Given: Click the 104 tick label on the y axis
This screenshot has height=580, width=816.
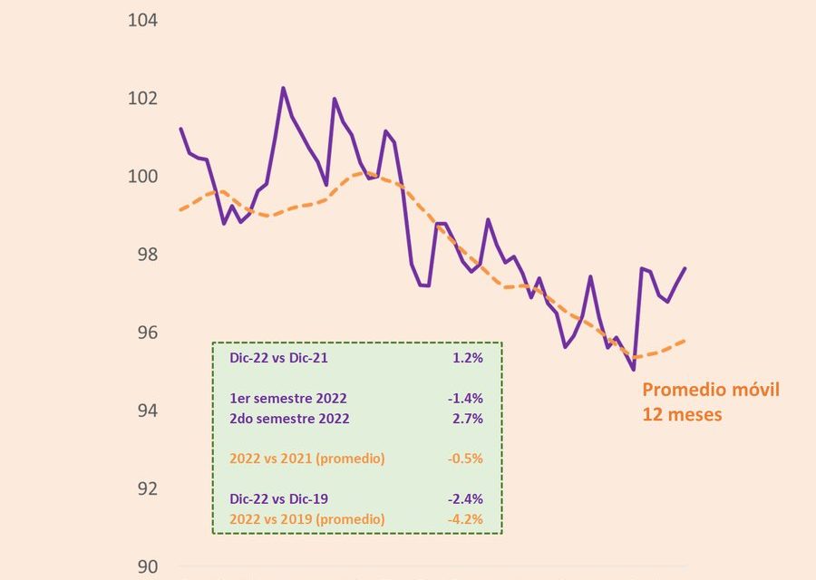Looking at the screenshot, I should click(x=141, y=20).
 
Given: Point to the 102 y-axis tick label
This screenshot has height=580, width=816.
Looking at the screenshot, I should click(x=141, y=98).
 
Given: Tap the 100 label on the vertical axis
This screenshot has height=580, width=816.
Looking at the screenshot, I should click(x=141, y=176).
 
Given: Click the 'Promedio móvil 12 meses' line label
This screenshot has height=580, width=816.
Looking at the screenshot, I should click(x=711, y=401).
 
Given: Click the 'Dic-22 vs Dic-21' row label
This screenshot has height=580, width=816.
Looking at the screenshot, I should click(x=279, y=358).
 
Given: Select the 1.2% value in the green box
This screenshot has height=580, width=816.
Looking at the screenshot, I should click(x=468, y=358).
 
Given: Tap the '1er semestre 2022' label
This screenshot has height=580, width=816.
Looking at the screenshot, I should click(x=288, y=399).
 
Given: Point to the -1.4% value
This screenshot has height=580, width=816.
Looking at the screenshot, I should click(x=465, y=399).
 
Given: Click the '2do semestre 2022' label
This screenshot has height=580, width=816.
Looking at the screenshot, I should click(x=289, y=419).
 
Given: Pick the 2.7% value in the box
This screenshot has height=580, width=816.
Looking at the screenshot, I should click(x=468, y=419).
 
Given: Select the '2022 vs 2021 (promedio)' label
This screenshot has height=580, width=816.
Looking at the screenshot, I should click(x=307, y=459).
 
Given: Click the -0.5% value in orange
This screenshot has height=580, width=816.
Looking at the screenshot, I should click(x=465, y=459).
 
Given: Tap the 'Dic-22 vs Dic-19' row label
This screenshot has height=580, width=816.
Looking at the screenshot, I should click(x=279, y=499).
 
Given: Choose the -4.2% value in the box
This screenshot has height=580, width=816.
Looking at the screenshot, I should click(x=465, y=519).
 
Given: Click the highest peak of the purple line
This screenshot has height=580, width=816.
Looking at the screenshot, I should click(x=283, y=88).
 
